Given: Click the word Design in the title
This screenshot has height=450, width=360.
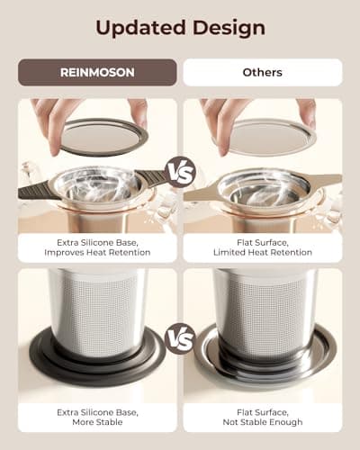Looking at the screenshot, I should (x=228, y=27).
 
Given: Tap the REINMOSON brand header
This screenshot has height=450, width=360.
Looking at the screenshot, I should (x=97, y=72).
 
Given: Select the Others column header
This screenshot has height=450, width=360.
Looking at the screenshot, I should (x=263, y=72).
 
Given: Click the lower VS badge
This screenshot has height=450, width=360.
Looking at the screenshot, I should (x=179, y=338).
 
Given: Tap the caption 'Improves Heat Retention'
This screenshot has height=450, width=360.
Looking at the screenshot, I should (x=97, y=253).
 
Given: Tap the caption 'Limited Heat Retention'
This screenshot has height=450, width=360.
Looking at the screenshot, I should (x=263, y=253).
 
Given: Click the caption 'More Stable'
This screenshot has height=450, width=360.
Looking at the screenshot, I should (x=97, y=421).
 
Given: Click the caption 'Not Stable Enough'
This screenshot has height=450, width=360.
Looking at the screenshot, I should (x=263, y=421).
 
